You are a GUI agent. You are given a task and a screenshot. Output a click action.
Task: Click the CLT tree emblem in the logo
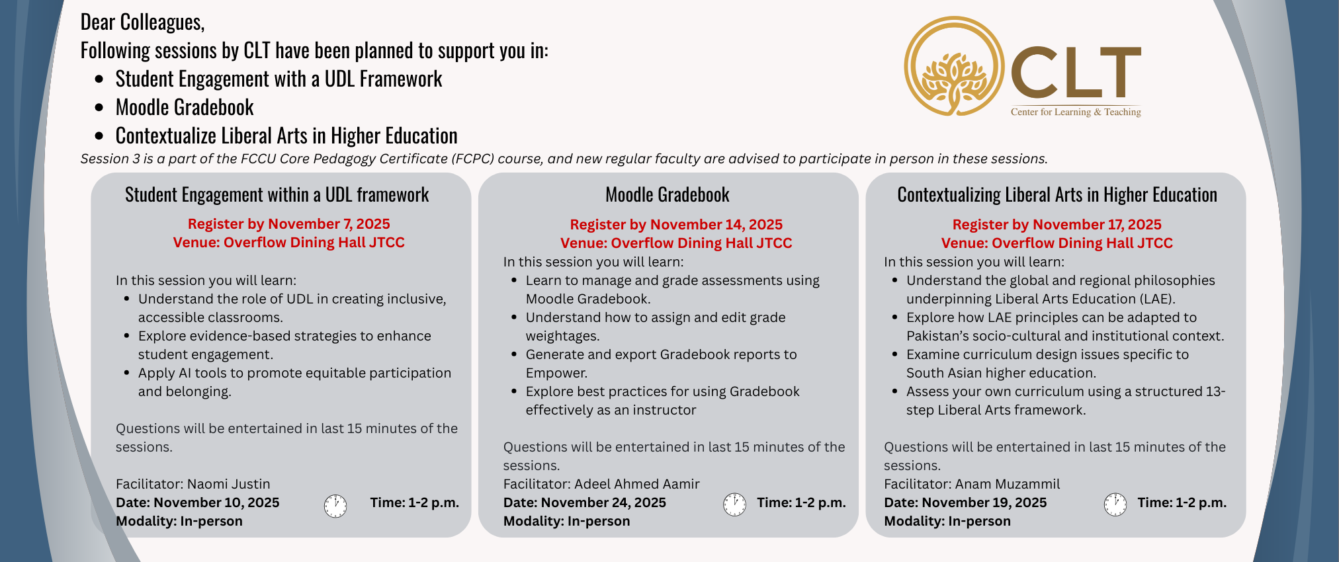953,66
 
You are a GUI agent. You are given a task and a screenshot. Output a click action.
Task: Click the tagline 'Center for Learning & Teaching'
1075,112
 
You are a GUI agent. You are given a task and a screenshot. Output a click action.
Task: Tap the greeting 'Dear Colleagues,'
142,22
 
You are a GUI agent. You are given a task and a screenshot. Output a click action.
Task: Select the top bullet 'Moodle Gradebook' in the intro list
185,107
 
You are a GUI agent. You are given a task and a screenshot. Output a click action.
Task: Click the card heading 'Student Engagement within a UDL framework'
277,194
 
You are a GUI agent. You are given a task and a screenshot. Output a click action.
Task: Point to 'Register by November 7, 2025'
288,224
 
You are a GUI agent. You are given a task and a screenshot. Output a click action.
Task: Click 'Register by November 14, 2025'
675,225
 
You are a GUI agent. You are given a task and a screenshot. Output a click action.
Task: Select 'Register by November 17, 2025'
1057,225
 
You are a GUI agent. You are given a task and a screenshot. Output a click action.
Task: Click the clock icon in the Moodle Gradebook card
734,504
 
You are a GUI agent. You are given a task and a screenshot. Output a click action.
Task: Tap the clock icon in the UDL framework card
335,506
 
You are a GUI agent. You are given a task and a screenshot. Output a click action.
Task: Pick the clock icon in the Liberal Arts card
1115,504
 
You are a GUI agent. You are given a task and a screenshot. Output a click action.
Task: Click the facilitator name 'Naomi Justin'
228,484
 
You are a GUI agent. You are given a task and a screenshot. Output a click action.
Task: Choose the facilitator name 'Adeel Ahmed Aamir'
636,484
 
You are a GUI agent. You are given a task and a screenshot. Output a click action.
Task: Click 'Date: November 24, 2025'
584,502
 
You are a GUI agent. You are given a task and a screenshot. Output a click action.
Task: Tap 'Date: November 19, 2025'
965,502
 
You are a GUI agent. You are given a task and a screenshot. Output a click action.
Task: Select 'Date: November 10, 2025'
197,502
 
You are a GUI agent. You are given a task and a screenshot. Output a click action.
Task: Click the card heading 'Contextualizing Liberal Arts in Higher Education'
1057,194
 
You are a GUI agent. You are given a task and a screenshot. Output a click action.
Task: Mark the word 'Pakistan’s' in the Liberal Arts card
940,336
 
